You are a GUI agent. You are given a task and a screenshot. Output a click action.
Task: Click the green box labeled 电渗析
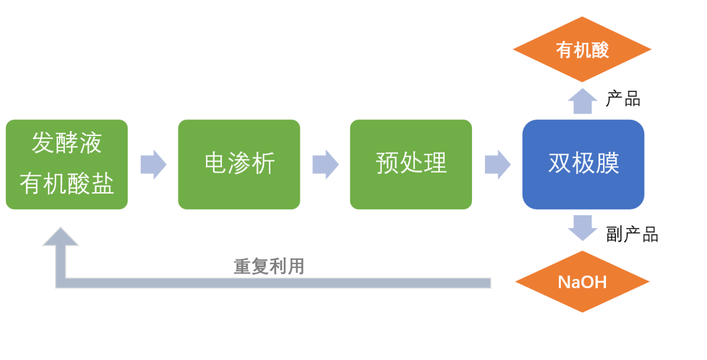click(x=239, y=165)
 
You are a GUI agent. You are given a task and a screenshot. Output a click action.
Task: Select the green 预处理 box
click(x=411, y=165)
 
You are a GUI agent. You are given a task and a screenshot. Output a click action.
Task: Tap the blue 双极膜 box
click(x=583, y=165)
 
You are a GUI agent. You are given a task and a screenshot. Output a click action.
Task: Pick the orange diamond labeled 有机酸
click(x=582, y=49)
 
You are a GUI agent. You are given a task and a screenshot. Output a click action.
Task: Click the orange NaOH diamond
click(x=582, y=282)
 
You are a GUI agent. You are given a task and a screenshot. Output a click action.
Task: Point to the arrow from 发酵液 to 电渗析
click(x=153, y=165)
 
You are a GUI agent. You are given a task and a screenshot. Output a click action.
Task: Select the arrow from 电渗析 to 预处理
click(x=325, y=165)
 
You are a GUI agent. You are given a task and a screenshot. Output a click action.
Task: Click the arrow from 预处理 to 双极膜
click(x=498, y=165)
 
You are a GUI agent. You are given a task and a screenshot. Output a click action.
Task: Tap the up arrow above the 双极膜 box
click(x=582, y=101)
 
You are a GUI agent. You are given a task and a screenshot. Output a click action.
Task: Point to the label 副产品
click(x=632, y=235)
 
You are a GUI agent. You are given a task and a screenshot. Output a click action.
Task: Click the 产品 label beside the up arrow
click(x=623, y=99)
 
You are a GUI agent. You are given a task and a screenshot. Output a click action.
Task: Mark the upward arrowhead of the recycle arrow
click(x=60, y=237)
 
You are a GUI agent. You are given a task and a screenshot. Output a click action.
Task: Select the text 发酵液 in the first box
click(x=67, y=144)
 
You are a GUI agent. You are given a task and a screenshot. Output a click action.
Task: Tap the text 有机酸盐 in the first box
click(x=67, y=184)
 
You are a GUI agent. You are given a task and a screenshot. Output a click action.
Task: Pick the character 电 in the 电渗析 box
click(x=216, y=163)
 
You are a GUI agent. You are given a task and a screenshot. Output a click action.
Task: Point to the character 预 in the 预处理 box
click(x=387, y=163)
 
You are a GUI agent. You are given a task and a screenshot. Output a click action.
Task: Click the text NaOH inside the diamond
click(x=582, y=282)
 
